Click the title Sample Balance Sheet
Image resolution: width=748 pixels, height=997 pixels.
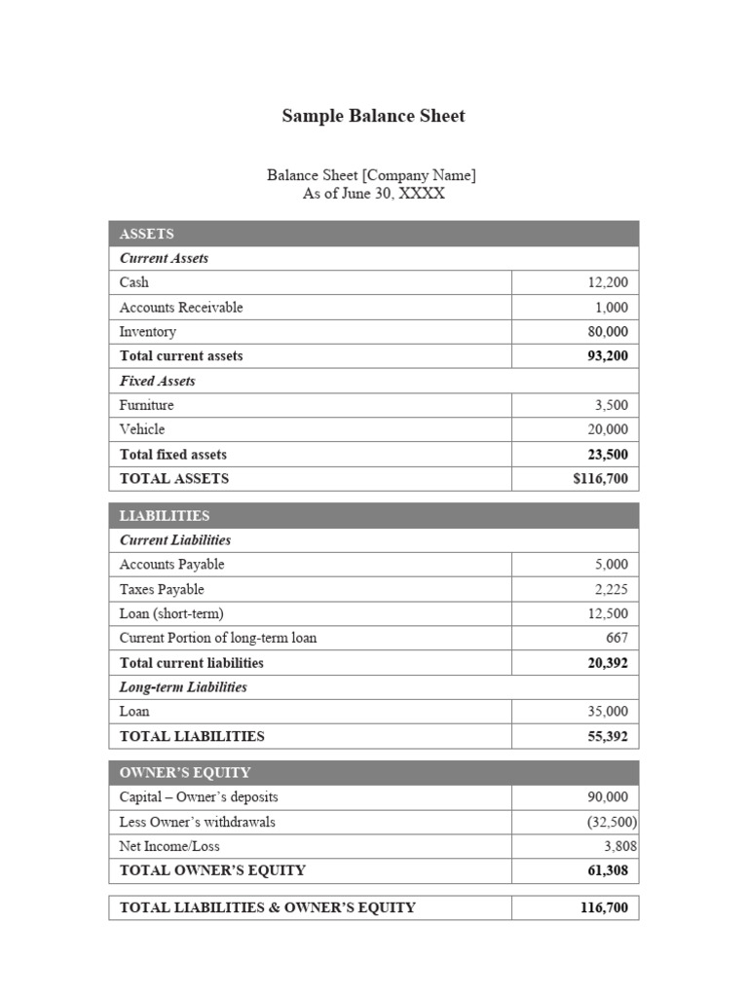click(x=373, y=116)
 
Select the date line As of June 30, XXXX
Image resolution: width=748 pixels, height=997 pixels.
click(x=373, y=194)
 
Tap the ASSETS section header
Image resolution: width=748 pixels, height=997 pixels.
click(x=147, y=234)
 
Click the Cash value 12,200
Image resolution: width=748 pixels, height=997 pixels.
click(x=608, y=282)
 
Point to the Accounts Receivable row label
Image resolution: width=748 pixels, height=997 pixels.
click(x=181, y=307)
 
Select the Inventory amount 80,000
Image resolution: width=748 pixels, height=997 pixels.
click(x=608, y=331)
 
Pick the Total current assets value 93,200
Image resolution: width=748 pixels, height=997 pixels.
click(x=608, y=355)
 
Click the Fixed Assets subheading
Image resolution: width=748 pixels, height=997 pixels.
click(x=158, y=381)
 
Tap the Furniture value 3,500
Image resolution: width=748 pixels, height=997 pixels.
click(x=611, y=405)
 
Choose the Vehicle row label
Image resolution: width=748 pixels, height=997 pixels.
click(x=142, y=429)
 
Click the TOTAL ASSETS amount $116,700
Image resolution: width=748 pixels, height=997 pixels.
click(x=600, y=478)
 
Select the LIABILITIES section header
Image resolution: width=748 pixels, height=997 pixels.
click(x=165, y=515)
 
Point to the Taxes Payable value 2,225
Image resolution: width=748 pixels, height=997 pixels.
click(x=611, y=589)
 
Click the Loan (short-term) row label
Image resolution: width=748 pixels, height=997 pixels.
click(x=171, y=613)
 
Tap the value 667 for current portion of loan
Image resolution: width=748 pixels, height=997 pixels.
click(x=617, y=638)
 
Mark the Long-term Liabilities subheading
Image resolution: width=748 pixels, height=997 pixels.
click(x=183, y=687)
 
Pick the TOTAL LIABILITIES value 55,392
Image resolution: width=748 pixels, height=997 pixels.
click(x=608, y=736)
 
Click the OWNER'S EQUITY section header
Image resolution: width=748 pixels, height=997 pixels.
click(x=185, y=772)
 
